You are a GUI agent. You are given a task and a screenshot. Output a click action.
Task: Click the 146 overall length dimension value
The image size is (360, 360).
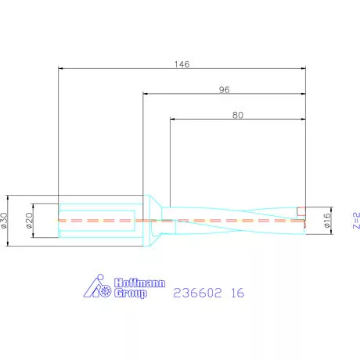(x=182, y=64)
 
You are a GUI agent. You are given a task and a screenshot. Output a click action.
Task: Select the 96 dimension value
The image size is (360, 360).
(x=224, y=90)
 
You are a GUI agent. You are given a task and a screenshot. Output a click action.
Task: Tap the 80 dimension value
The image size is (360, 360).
(x=238, y=115)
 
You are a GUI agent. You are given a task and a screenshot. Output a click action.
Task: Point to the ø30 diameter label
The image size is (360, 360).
(x=4, y=221)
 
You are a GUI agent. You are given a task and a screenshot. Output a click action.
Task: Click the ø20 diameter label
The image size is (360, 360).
(x=30, y=221)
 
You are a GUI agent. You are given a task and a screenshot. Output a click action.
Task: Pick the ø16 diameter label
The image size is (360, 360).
(x=326, y=221)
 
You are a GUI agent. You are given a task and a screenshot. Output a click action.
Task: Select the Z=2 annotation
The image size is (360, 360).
(x=356, y=221)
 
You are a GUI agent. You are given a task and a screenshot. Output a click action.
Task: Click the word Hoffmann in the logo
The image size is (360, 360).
(x=139, y=283)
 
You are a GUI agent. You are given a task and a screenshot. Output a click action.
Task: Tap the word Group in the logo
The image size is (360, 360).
(x=131, y=293)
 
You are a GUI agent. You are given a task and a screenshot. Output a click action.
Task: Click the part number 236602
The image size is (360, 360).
(x=197, y=293)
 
